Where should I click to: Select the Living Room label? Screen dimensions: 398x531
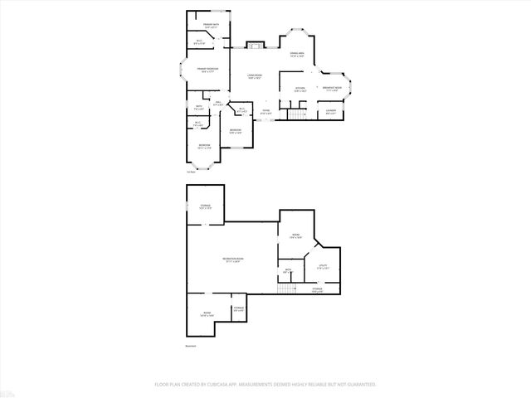255,76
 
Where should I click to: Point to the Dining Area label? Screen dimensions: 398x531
297,54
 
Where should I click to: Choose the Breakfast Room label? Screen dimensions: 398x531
334,89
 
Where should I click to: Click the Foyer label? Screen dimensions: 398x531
266,111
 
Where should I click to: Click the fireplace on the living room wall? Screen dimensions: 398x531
256,45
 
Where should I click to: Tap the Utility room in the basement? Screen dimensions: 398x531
323,266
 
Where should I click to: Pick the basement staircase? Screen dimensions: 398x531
286,289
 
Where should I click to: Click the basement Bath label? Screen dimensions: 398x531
287,270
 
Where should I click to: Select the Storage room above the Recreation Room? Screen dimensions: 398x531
205,206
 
